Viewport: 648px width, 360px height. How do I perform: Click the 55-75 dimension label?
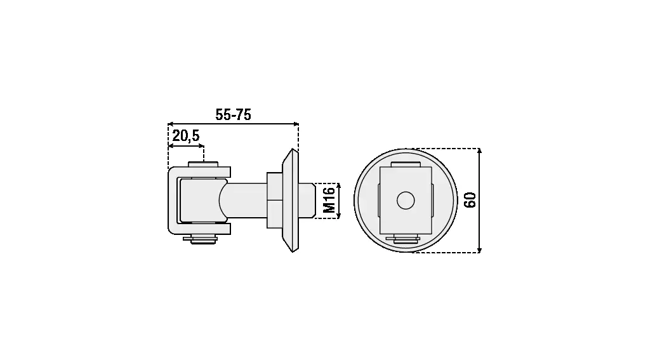coord(233,114)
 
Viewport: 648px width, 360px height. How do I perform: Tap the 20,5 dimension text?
coord(186,136)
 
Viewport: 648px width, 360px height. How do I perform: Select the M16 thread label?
coord(329,200)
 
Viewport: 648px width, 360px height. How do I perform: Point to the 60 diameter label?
coord(470,200)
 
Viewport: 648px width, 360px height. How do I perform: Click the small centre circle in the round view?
coord(406,201)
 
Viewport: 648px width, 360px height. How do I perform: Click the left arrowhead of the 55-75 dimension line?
coord(170,124)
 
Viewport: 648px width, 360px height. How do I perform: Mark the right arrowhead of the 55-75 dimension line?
coord(296,124)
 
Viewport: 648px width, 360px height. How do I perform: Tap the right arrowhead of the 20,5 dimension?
coord(201,146)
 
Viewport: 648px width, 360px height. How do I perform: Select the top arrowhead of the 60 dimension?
coord(479,151)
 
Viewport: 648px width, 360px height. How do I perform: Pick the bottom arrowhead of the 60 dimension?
coord(479,250)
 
